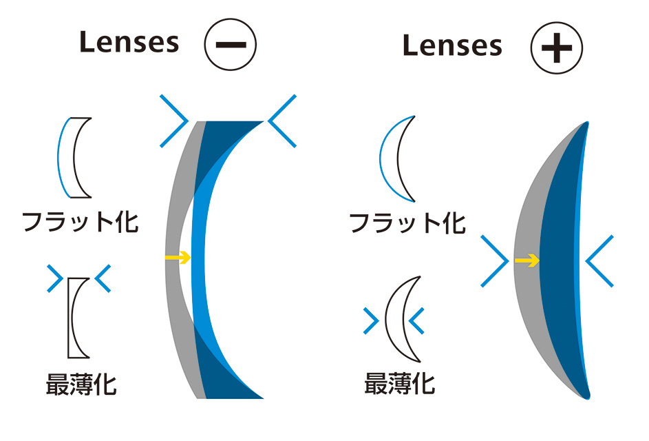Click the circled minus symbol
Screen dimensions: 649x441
[x=230, y=44]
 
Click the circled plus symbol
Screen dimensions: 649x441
[x=557, y=48]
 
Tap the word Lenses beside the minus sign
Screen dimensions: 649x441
[x=129, y=42]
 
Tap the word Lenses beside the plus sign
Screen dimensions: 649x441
[x=452, y=45]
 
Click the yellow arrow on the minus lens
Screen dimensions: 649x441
[x=178, y=258]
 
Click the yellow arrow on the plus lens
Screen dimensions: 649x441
[x=527, y=260]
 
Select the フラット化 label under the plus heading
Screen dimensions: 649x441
[x=407, y=223]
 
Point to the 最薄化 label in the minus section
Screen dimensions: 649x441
[x=81, y=384]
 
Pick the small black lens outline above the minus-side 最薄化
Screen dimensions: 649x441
[x=70, y=318]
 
